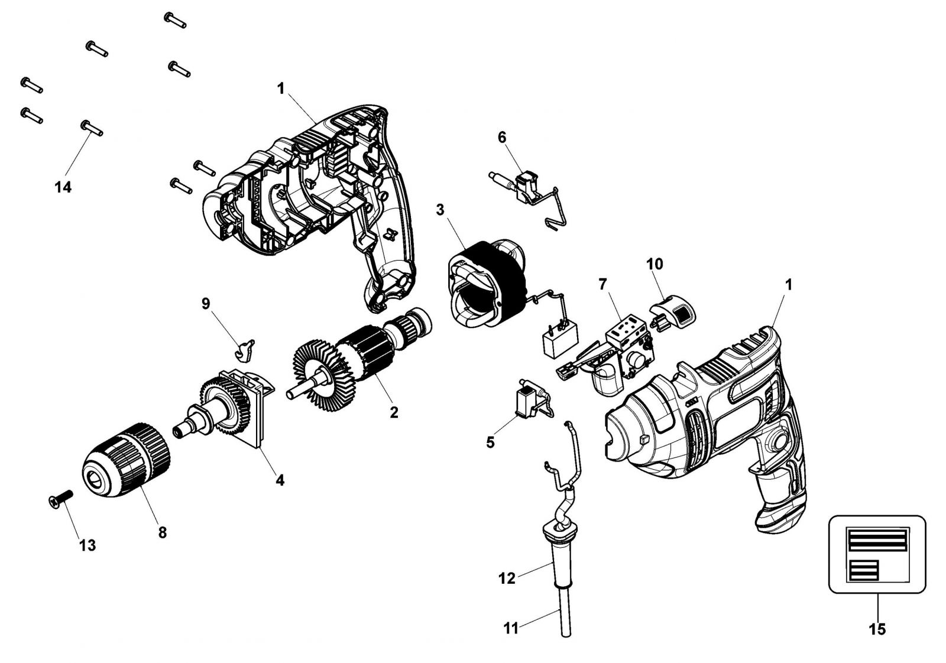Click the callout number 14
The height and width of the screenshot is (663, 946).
63,187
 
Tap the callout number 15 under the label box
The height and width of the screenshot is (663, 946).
877,629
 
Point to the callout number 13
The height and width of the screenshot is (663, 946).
87,545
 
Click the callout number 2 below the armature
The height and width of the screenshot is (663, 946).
394,412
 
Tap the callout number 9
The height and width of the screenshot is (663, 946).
206,304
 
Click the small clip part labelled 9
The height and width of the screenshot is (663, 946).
245,349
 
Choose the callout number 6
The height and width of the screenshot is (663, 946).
502,138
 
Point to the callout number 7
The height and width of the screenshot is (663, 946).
602,284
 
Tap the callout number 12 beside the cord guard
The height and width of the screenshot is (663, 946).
507,578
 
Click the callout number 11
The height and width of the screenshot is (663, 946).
511,629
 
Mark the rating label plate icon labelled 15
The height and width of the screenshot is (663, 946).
877,554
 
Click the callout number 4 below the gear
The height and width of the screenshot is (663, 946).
280,480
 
